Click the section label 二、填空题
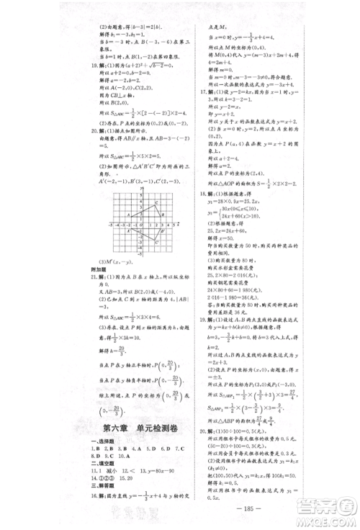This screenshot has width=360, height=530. [x=96, y=467]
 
